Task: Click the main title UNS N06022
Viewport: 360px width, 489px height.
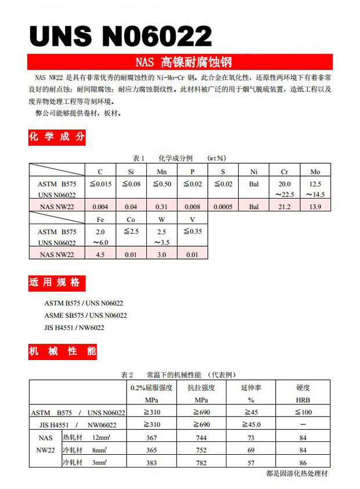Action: (120, 37)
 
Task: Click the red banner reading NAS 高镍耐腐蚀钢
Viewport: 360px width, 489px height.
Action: (179, 62)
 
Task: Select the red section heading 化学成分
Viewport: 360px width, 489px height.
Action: (56, 137)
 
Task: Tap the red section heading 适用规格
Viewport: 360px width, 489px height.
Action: (56, 283)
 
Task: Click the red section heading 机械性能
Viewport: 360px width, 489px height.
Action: (56, 351)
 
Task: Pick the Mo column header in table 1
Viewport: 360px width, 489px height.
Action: (315, 172)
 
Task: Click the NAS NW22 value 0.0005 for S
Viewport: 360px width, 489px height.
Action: (223, 206)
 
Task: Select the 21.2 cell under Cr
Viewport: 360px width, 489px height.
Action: (285, 206)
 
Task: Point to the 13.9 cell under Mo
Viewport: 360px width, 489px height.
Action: (315, 206)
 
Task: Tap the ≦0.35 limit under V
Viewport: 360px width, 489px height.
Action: (192, 231)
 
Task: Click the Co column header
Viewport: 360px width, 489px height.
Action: (131, 219)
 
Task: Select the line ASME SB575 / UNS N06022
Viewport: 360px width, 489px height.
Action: (85, 315)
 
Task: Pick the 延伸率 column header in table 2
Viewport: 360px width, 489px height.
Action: (251, 387)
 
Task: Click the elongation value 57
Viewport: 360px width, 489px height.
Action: (251, 462)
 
